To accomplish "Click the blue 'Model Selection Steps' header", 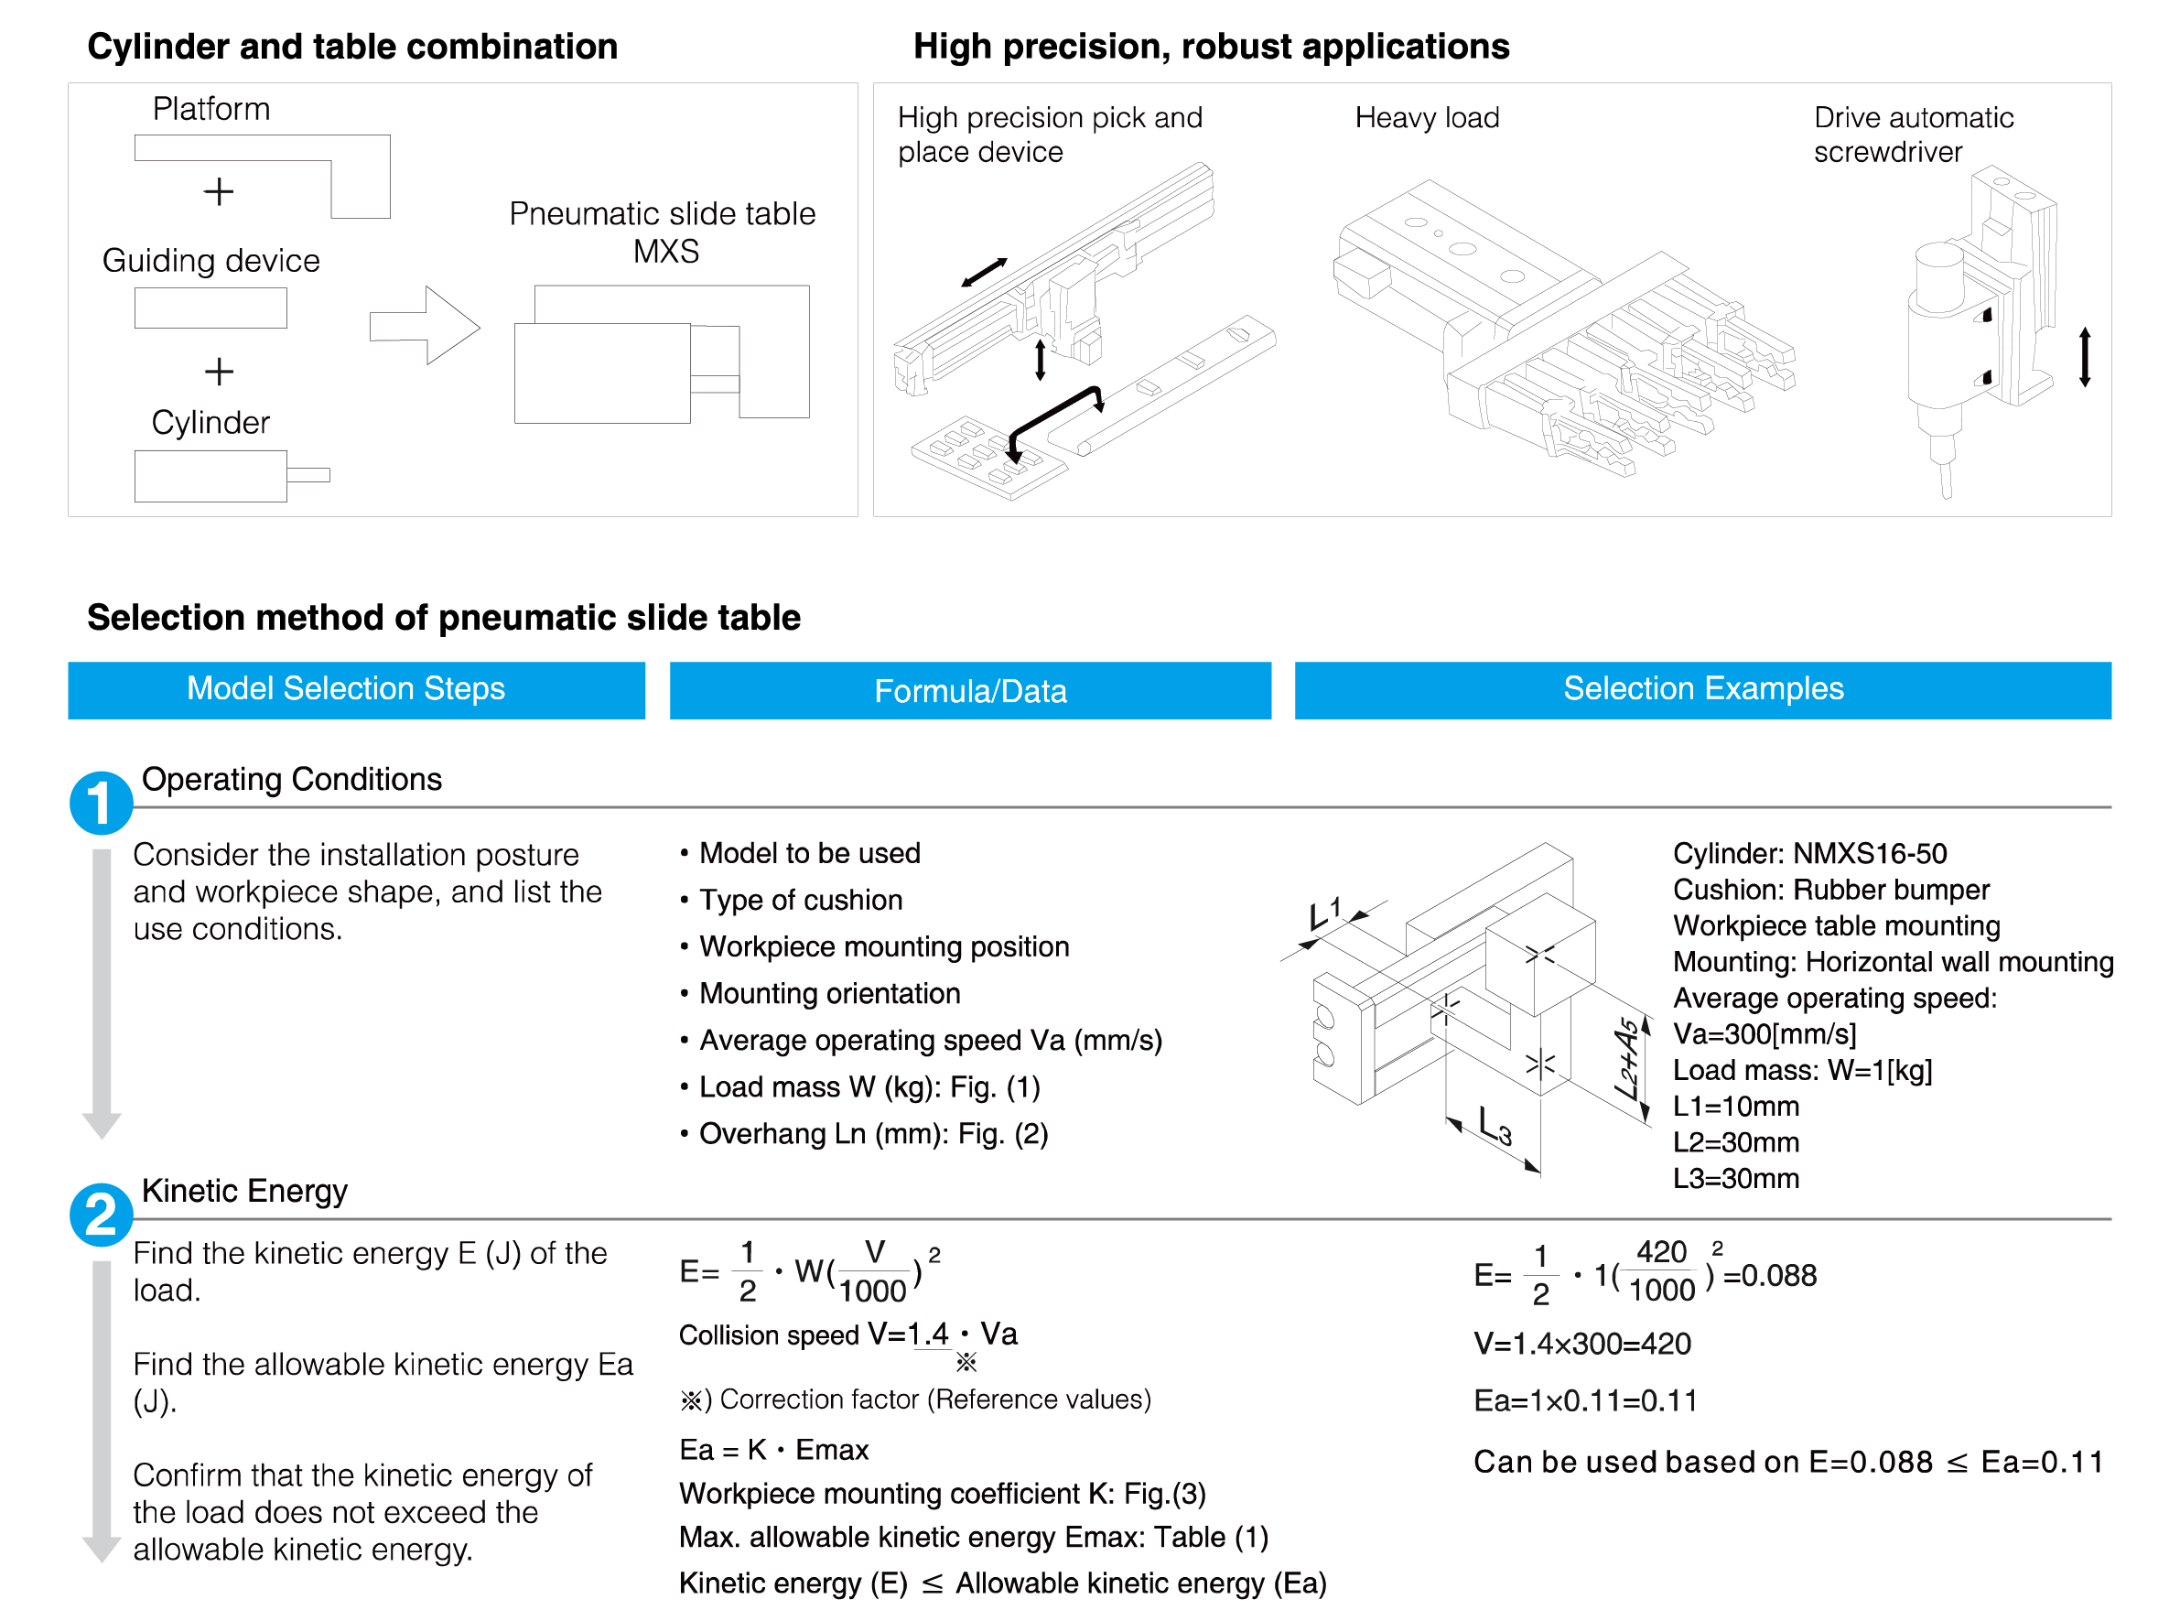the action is (356, 690).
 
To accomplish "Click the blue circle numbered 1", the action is (101, 803).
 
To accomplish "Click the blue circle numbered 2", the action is (101, 1215).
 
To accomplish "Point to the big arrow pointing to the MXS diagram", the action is (425, 326).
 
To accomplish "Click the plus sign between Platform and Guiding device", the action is (219, 191).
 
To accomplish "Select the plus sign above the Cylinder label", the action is (219, 372).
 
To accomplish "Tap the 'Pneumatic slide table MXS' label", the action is (663, 232).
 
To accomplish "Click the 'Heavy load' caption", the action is (1427, 118).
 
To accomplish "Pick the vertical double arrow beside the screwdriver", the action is (2085, 358).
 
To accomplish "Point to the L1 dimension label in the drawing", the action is (1324, 913).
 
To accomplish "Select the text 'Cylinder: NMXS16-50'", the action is (1809, 854).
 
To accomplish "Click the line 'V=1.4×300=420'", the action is (1582, 1344).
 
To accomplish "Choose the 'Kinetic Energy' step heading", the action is (244, 1191).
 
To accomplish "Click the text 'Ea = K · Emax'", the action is (773, 1450).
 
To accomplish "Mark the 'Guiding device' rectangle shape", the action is (210, 308).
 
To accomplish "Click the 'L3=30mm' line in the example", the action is (1735, 1179).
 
